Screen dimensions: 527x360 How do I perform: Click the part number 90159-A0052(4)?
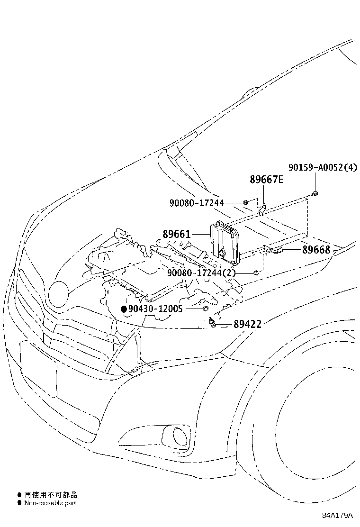(x=323, y=167)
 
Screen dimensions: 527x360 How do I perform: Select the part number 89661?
(x=177, y=234)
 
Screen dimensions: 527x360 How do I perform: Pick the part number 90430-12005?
(x=155, y=309)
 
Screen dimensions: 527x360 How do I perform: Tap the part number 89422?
(x=247, y=324)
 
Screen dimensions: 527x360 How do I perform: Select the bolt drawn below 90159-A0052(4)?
(x=315, y=193)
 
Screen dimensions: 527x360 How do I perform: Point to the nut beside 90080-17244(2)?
(x=256, y=273)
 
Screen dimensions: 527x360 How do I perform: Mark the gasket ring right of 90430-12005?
(x=205, y=309)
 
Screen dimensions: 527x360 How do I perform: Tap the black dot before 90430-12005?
(x=124, y=309)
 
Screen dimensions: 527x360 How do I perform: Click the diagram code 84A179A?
(x=338, y=516)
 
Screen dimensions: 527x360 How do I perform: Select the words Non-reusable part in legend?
(x=50, y=503)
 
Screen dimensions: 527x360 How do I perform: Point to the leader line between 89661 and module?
(x=200, y=234)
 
